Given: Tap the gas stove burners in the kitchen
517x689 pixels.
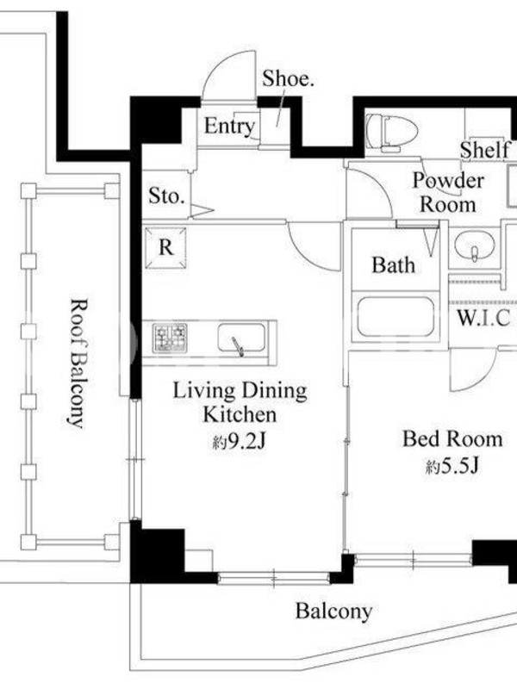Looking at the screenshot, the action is tap(170, 338).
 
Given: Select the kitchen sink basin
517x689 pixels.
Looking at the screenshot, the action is tap(241, 338).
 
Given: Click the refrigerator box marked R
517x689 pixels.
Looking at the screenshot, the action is tap(165, 247).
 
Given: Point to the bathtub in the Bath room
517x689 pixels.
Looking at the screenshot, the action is tap(396, 317).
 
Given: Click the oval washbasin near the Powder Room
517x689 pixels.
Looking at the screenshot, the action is tap(475, 246).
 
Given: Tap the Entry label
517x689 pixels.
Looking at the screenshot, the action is tap(229, 127).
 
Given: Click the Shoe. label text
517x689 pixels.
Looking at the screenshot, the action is tap(288, 78).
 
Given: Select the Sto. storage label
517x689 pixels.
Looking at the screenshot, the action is tap(166, 196).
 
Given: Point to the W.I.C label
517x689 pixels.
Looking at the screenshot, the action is tap(484, 318).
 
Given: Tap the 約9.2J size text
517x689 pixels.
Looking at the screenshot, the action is tap(240, 442).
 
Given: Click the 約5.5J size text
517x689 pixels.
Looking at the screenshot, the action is tap(452, 466).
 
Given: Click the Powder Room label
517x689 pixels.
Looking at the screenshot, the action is tap(448, 193).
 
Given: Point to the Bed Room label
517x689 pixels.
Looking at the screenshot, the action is tap(452, 439).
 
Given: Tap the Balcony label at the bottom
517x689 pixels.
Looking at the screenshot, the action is tap(333, 611).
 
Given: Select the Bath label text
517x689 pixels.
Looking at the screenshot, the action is tap(393, 265).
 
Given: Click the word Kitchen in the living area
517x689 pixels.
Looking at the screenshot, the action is tap(240, 415).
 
